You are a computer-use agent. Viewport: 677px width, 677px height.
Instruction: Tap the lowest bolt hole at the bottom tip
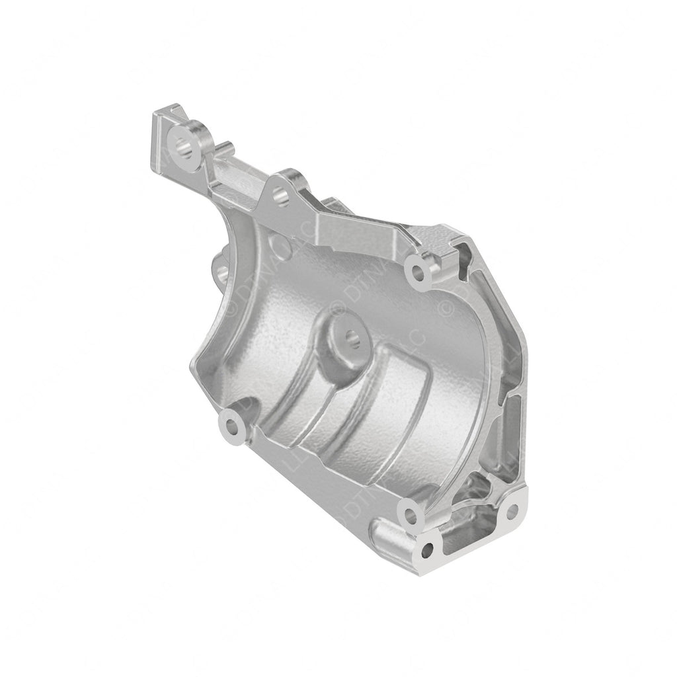coord(428,549)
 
